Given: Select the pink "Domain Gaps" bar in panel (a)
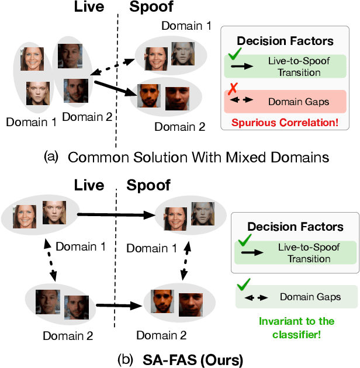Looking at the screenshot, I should click(288, 102).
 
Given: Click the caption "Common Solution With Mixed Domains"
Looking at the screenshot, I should click(198, 157).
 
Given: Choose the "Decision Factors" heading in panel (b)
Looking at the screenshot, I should click(295, 226).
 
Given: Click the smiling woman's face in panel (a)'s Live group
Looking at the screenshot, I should click(33, 58).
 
